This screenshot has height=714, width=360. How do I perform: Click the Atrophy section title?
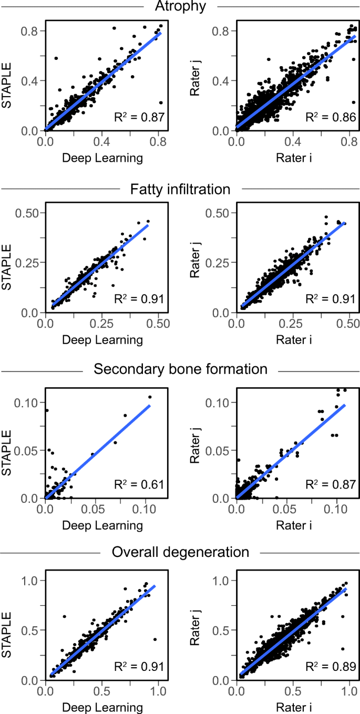pos(180,6)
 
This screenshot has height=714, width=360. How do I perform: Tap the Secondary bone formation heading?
pos(180,369)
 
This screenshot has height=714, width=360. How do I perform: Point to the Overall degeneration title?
pos(180,552)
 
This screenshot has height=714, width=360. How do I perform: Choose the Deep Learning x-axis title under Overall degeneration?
pos(102,707)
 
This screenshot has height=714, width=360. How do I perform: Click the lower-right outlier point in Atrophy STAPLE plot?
pos(160,103)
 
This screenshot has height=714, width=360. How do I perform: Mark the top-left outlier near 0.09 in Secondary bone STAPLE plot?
pos(46,410)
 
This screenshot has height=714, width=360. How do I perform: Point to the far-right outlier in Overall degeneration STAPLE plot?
pos(155,639)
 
